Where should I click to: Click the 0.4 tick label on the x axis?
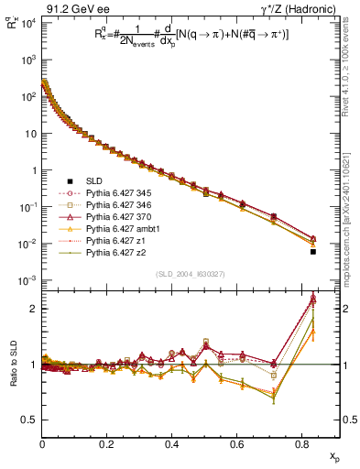click(171, 442)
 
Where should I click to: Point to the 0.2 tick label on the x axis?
click(106, 442)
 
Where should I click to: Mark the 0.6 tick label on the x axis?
click(236, 442)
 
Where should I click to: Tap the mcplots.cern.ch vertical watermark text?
click(352, 202)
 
